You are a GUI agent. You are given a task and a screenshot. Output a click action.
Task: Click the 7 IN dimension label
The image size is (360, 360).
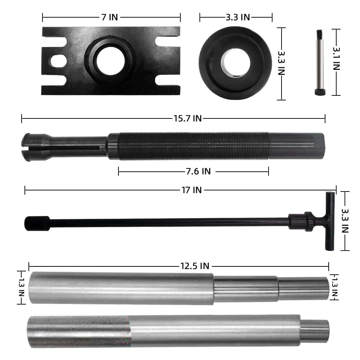(109, 17)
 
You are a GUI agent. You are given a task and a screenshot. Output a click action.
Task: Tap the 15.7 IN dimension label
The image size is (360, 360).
(187, 118)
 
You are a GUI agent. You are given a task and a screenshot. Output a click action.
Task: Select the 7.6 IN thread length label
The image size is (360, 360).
(198, 171)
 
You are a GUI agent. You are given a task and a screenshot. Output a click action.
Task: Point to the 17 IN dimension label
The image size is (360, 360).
(192, 190)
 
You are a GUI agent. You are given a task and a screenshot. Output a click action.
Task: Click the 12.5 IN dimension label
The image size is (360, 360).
(195, 266)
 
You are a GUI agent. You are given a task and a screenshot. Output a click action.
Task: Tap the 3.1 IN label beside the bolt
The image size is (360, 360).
(336, 59)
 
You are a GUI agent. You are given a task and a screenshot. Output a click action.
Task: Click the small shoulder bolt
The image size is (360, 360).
(320, 62)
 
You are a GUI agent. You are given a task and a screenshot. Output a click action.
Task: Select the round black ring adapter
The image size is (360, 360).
(235, 63)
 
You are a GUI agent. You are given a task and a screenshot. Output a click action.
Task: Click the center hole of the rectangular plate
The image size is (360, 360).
(111, 61)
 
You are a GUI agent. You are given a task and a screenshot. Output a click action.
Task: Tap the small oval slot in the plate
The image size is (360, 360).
(59, 61)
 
